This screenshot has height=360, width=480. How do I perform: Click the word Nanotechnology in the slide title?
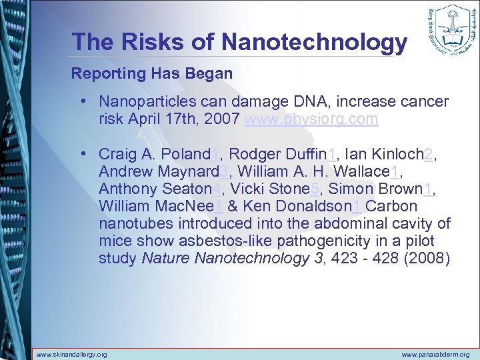click(314, 42)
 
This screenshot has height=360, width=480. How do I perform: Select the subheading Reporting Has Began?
click(152, 73)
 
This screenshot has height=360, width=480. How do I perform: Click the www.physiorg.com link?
click(311, 119)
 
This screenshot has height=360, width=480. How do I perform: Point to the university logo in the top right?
click(447, 29)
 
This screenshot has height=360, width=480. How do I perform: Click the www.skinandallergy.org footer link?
click(71, 355)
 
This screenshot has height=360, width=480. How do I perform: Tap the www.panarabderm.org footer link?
click(435, 355)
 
